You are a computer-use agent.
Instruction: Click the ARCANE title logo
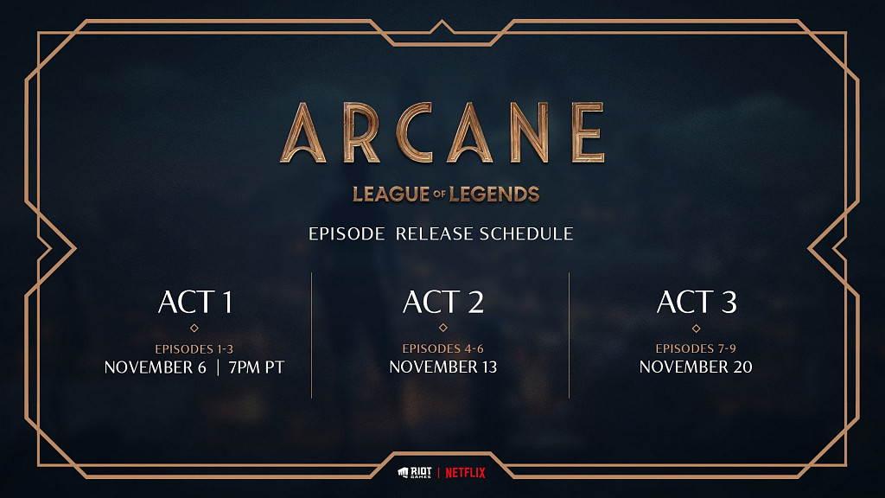click(x=442, y=133)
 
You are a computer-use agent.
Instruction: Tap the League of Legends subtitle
click(x=446, y=194)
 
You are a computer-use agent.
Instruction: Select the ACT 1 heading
click(x=194, y=302)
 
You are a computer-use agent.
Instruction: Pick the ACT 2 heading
click(x=442, y=302)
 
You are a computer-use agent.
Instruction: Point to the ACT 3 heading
click(x=696, y=302)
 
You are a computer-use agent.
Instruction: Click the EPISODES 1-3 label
click(x=194, y=348)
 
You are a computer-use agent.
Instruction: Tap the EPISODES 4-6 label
click(x=442, y=348)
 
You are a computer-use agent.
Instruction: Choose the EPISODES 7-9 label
click(x=696, y=348)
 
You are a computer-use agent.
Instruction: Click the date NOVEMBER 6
click(x=156, y=367)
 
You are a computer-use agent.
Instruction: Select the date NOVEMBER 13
click(x=442, y=367)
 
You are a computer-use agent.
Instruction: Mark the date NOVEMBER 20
click(x=696, y=367)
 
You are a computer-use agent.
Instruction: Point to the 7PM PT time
click(x=256, y=367)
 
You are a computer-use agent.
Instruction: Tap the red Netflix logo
click(x=465, y=473)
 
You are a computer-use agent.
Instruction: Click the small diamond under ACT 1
click(x=194, y=328)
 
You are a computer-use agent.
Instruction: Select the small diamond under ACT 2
click(x=442, y=328)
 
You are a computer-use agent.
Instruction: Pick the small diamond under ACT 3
click(x=696, y=328)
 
